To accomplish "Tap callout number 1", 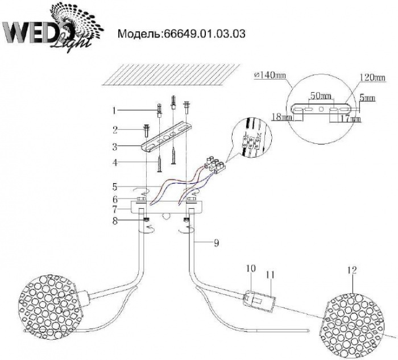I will click(114, 109).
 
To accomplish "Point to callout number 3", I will click(114, 147).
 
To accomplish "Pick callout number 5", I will click(114, 186).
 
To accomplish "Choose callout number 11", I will click(271, 275).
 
